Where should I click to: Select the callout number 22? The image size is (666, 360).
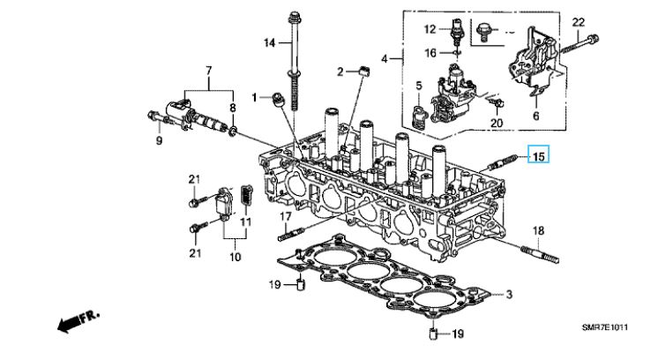tap(579, 22)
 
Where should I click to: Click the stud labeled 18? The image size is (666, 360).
tap(539, 255)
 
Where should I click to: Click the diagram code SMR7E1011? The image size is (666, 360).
tap(605, 327)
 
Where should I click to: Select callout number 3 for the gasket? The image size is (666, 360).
tap(509, 294)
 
